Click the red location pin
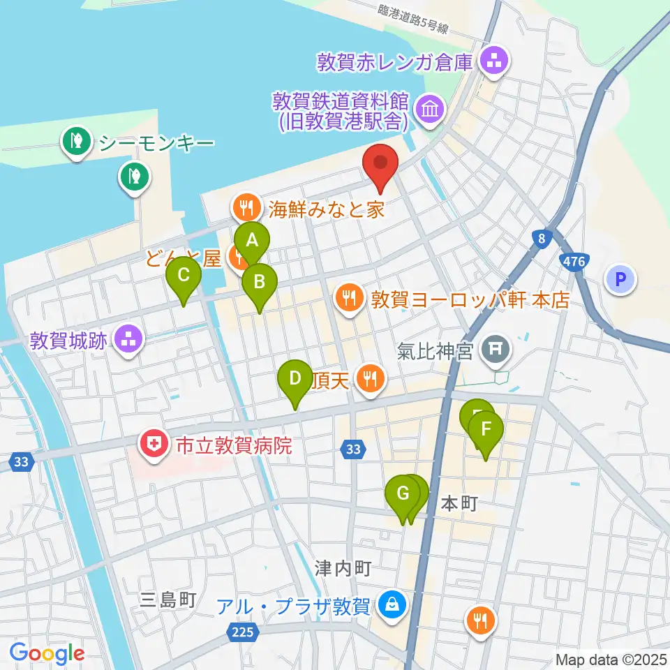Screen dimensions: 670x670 click(x=380, y=165)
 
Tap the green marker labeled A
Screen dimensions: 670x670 click(x=252, y=241)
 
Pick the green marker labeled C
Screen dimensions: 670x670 click(x=184, y=276)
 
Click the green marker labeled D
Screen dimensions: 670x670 click(x=295, y=379)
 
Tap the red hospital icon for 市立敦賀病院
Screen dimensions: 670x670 click(x=151, y=444)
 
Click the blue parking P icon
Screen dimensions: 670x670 click(x=620, y=281)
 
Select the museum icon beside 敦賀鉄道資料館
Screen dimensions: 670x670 click(x=428, y=108)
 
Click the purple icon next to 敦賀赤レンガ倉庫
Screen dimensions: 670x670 click(x=495, y=61)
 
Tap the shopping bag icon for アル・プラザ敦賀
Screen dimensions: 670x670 click(x=392, y=604)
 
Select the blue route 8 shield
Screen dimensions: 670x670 click(x=541, y=239)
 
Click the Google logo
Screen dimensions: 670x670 click(x=47, y=653)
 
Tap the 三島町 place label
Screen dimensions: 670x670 click(x=168, y=599)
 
